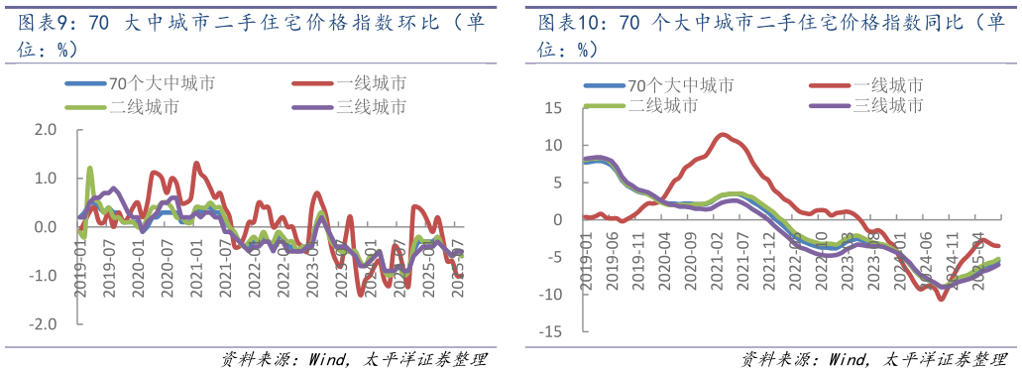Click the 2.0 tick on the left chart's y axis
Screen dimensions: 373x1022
point(47,129)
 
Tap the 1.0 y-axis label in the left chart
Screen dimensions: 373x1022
point(47,178)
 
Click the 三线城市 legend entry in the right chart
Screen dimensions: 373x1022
point(887,105)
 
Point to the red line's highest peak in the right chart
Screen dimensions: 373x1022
point(724,134)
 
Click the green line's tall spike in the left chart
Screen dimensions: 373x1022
point(90,169)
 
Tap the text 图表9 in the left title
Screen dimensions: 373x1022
point(39,23)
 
